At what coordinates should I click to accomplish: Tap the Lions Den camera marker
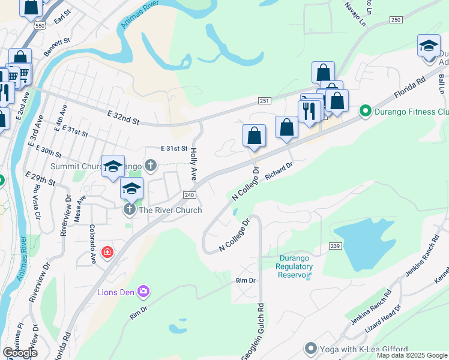pyautogui.click(x=143, y=292)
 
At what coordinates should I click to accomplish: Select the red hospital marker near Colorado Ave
pyautogui.click(x=107, y=253)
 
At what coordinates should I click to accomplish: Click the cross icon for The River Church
pyautogui.click(x=128, y=209)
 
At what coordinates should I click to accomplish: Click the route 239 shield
pyautogui.click(x=335, y=245)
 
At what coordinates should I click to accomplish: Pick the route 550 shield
pyautogui.click(x=40, y=26)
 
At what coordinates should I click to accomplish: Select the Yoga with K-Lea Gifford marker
pyautogui.click(x=310, y=348)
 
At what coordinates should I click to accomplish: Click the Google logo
pyautogui.click(x=20, y=353)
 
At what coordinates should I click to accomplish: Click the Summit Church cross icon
pyautogui.click(x=151, y=164)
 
